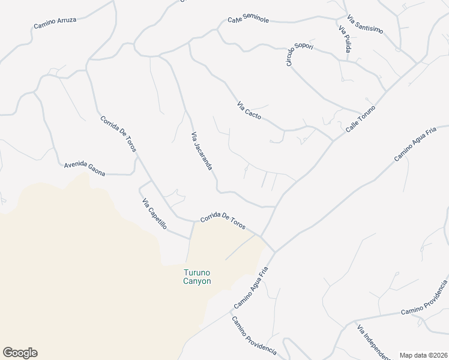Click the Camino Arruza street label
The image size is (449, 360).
tap(55, 23)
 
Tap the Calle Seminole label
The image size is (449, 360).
tap(248, 19)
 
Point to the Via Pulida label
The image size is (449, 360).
tap(344, 39)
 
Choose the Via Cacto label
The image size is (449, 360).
tap(249, 111)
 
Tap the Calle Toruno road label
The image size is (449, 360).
tap(360, 119)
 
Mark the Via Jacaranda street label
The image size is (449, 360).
tap(202, 151)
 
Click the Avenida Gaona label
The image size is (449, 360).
tap(85, 169)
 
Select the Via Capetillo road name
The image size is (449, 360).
tap(154, 217)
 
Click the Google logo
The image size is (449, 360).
tap(20, 353)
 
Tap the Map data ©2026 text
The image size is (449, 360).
tap(423, 355)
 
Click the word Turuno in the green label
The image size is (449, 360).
tap(197, 272)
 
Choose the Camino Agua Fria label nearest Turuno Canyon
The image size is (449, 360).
tap(250, 289)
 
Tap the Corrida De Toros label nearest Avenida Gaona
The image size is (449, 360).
tap(118, 134)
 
